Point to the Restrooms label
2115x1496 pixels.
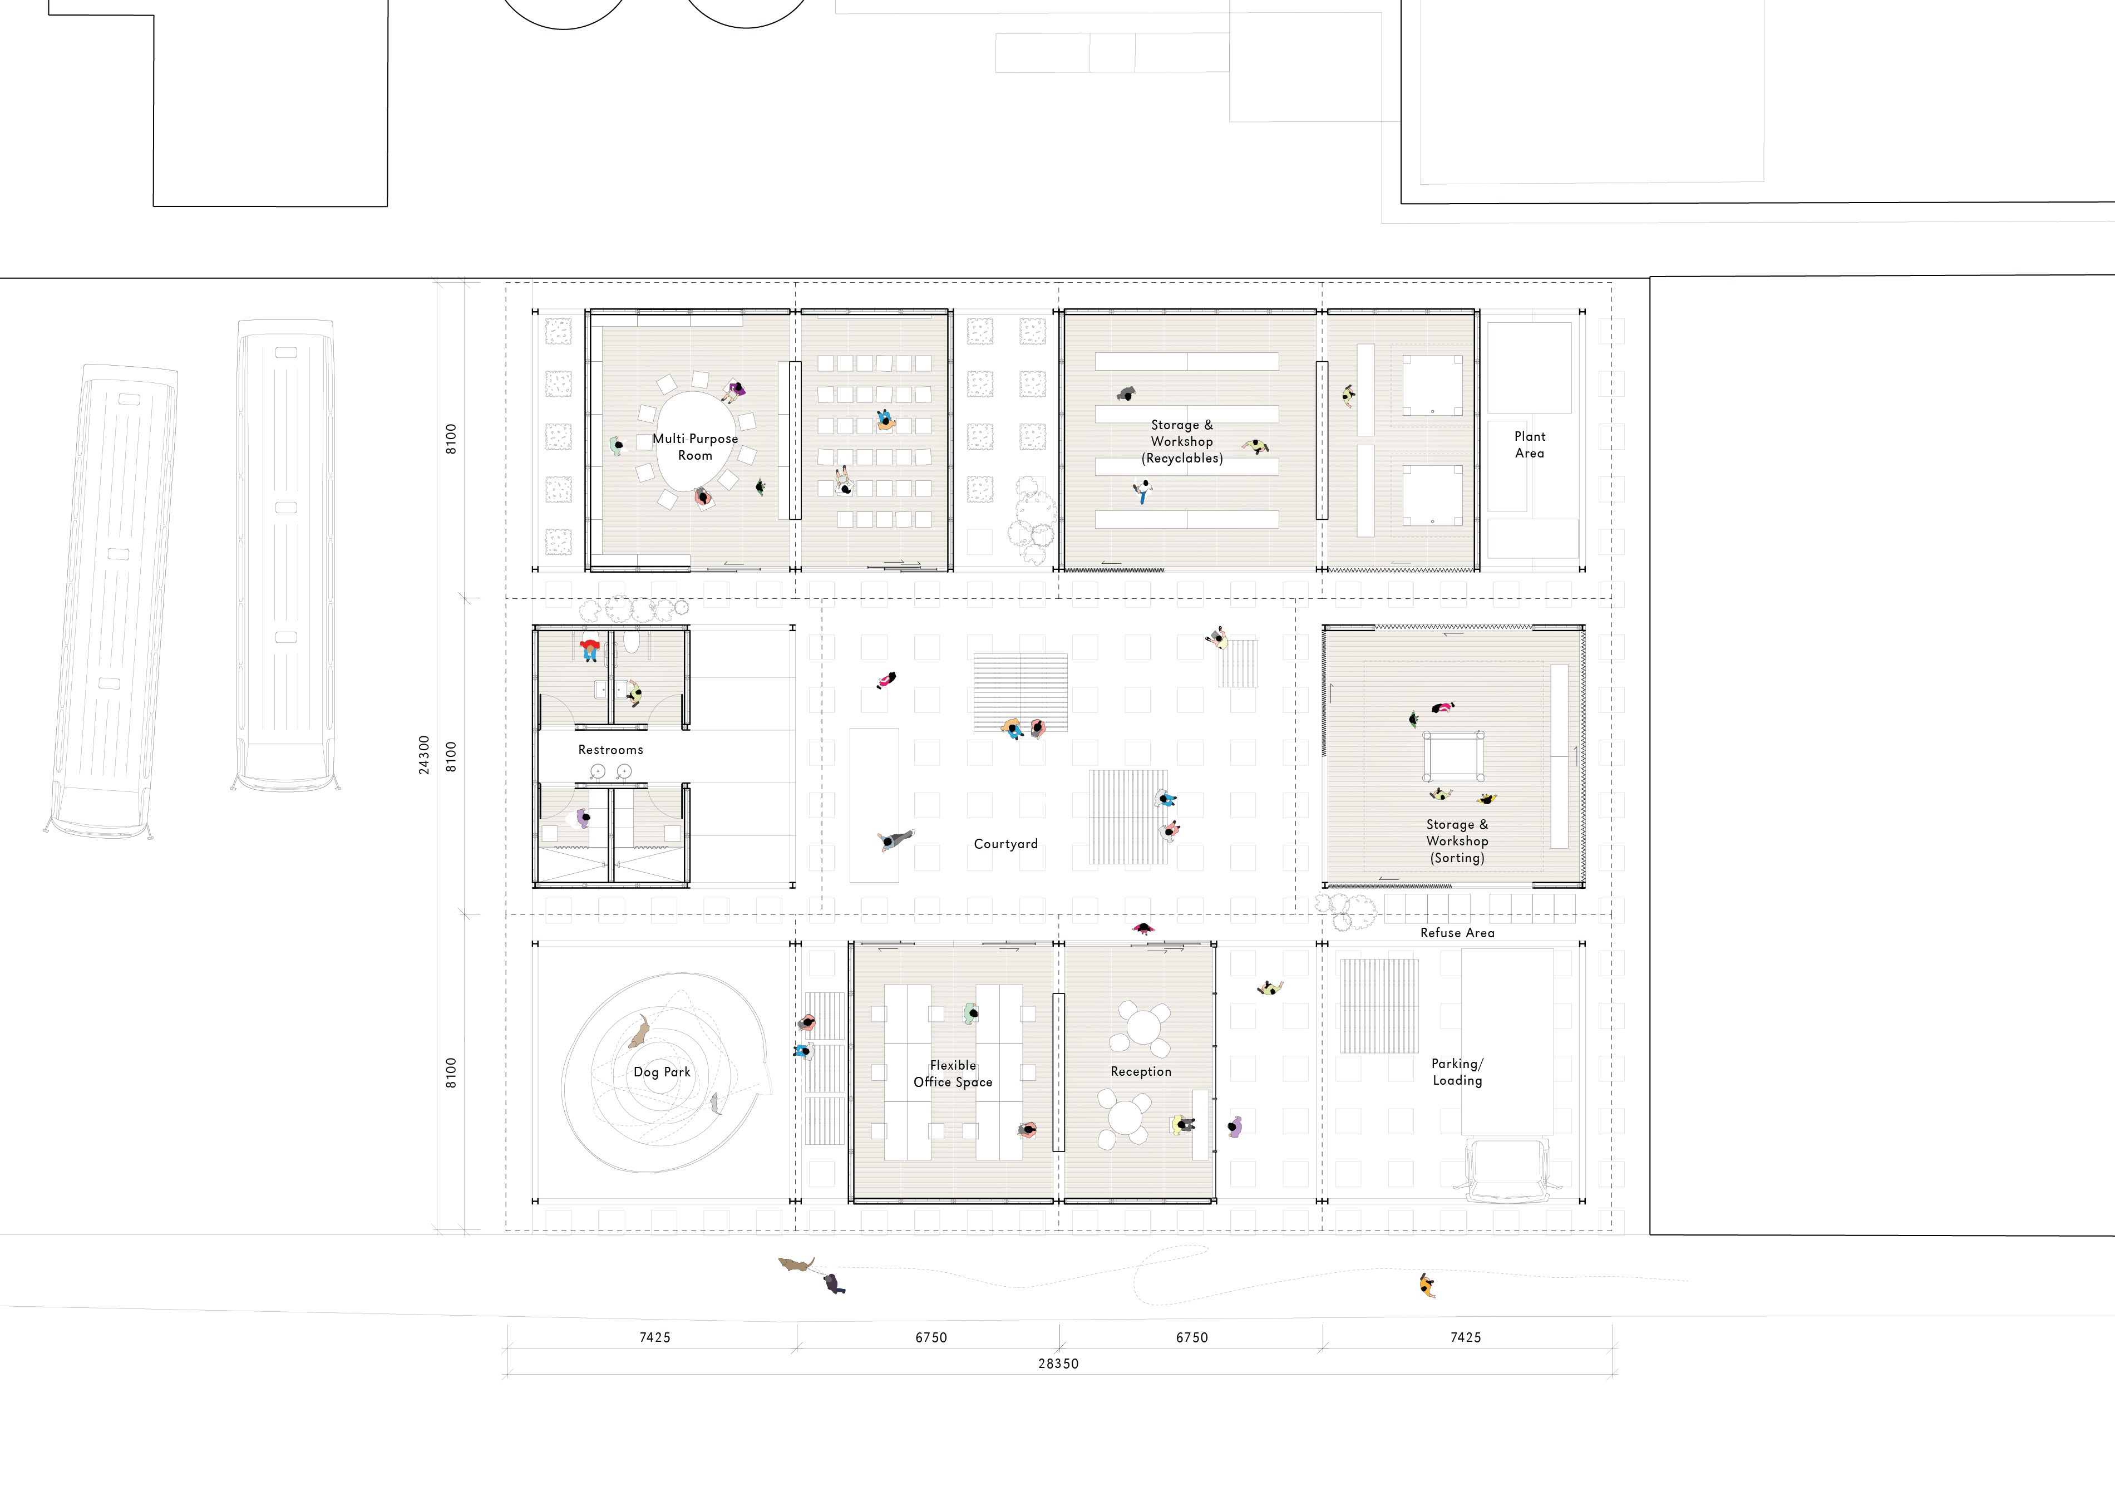pos(611,750)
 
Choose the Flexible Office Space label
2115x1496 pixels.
pos(953,1073)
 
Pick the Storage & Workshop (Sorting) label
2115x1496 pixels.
pos(1457,841)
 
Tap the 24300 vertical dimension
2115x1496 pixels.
pos(424,755)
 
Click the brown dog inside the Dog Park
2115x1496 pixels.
pos(638,1032)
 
